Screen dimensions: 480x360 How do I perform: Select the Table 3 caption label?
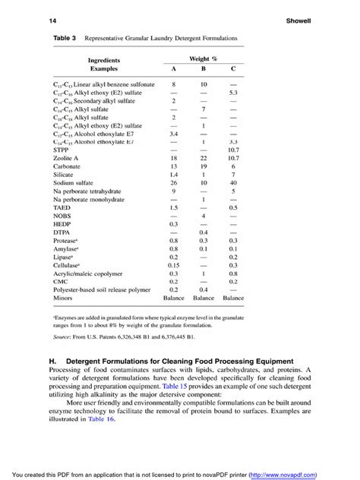tap(65, 36)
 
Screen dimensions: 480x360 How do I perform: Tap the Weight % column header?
tap(204, 58)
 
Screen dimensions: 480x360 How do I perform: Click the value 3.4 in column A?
tap(173, 133)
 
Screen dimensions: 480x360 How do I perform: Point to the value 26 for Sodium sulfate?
tap(173, 182)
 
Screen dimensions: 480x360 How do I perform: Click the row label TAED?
tap(63, 207)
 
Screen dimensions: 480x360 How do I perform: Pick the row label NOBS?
tap(63, 215)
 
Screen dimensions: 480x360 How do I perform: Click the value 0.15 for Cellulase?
tap(173, 264)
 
